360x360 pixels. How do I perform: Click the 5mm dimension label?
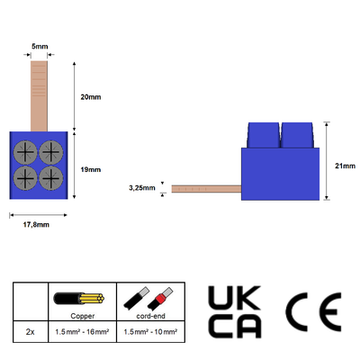pyautogui.click(x=40, y=47)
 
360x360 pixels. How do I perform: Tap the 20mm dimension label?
pyautogui.click(x=91, y=97)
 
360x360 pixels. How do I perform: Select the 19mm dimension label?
pyautogui.click(x=91, y=169)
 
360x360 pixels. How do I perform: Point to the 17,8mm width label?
pyautogui.click(x=36, y=224)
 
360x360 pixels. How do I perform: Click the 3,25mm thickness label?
pyautogui.click(x=142, y=188)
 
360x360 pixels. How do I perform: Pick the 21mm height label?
pyautogui.click(x=345, y=166)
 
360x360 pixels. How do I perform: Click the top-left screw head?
pyautogui.click(x=25, y=152)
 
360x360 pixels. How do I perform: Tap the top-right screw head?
pyautogui.click(x=51, y=152)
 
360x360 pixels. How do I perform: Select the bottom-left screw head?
pyautogui.click(x=25, y=178)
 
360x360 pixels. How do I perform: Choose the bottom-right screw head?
pyautogui.click(x=51, y=178)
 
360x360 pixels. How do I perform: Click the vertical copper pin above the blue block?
pyautogui.click(x=39, y=96)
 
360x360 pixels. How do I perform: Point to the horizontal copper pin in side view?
pyautogui.click(x=206, y=189)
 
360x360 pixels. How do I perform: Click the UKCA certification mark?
pyautogui.click(x=235, y=312)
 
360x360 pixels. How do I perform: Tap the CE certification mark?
pyautogui.click(x=313, y=312)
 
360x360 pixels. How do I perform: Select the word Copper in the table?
pyautogui.click(x=83, y=316)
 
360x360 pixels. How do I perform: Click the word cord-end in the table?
pyautogui.click(x=150, y=316)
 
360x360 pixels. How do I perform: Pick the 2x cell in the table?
pyautogui.click(x=31, y=332)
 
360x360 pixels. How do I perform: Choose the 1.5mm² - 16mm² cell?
pyautogui.click(x=82, y=332)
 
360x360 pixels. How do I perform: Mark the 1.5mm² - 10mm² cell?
pyautogui.click(x=150, y=332)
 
